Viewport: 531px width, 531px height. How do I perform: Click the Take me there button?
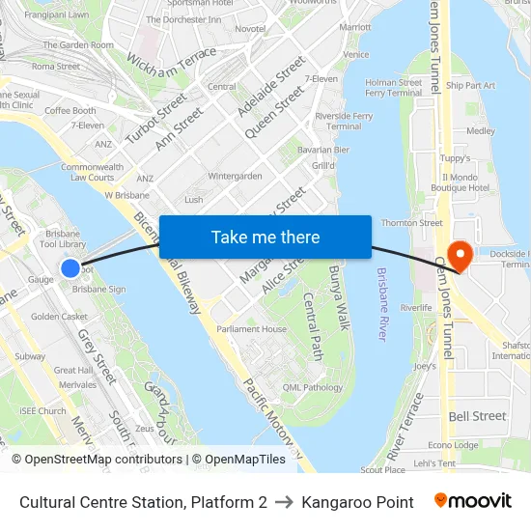(265, 237)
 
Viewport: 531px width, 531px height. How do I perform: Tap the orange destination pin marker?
(461, 255)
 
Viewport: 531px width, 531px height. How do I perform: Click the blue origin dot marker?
(70, 268)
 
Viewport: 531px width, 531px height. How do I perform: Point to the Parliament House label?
(252, 329)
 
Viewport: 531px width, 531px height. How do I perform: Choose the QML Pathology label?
(313, 387)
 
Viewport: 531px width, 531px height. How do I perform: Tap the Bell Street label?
(477, 416)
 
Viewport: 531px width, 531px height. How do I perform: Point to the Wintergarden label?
(235, 177)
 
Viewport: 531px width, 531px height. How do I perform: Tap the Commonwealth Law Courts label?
(92, 172)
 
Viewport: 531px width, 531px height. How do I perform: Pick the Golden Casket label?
(60, 317)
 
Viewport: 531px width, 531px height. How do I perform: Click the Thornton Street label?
(412, 223)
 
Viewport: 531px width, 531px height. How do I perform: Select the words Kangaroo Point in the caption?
(357, 502)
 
